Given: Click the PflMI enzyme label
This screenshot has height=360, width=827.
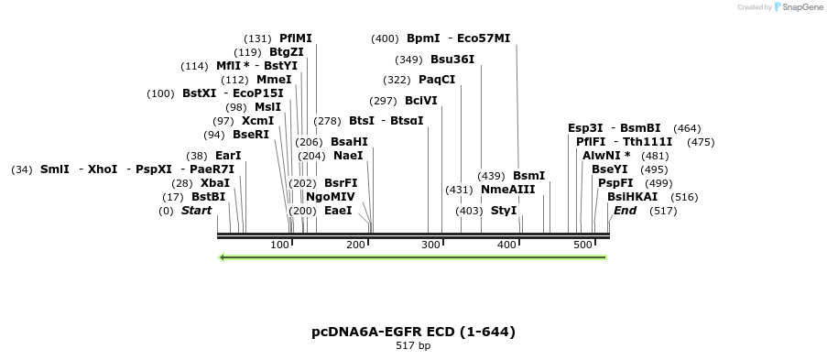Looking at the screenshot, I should pos(296,38).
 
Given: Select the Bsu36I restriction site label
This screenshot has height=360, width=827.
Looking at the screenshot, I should pos(452,60).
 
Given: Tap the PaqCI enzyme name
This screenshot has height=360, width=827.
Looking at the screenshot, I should pos(437,80).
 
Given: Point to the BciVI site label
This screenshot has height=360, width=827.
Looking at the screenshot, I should pos(421,101).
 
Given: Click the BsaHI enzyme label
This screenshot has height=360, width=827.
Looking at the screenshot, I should pos(349,142).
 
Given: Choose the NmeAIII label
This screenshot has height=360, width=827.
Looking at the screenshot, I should pos(507,190).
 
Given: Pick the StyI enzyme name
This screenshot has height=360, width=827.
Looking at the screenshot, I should pos(504,211).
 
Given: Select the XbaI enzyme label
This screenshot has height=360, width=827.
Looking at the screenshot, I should pos(215,183).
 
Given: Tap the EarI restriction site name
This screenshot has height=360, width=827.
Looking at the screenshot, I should pos(228,156).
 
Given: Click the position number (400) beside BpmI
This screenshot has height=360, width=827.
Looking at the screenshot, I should pos(385,38).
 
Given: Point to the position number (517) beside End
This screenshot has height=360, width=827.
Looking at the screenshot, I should pos(663,211).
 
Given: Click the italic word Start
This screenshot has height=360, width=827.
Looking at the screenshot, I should pos(196,211).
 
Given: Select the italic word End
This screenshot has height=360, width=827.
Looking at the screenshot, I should pos(625,211).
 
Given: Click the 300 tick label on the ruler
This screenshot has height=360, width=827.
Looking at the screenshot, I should pos(430,245).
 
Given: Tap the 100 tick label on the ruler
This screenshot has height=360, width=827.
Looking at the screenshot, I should pos(280,245).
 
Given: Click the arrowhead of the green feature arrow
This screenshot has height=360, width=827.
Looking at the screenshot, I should pos(223,257).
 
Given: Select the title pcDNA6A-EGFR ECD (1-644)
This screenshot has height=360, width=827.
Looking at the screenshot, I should pos(413,332).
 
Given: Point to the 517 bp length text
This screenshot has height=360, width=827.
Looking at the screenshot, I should pos(413,346).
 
